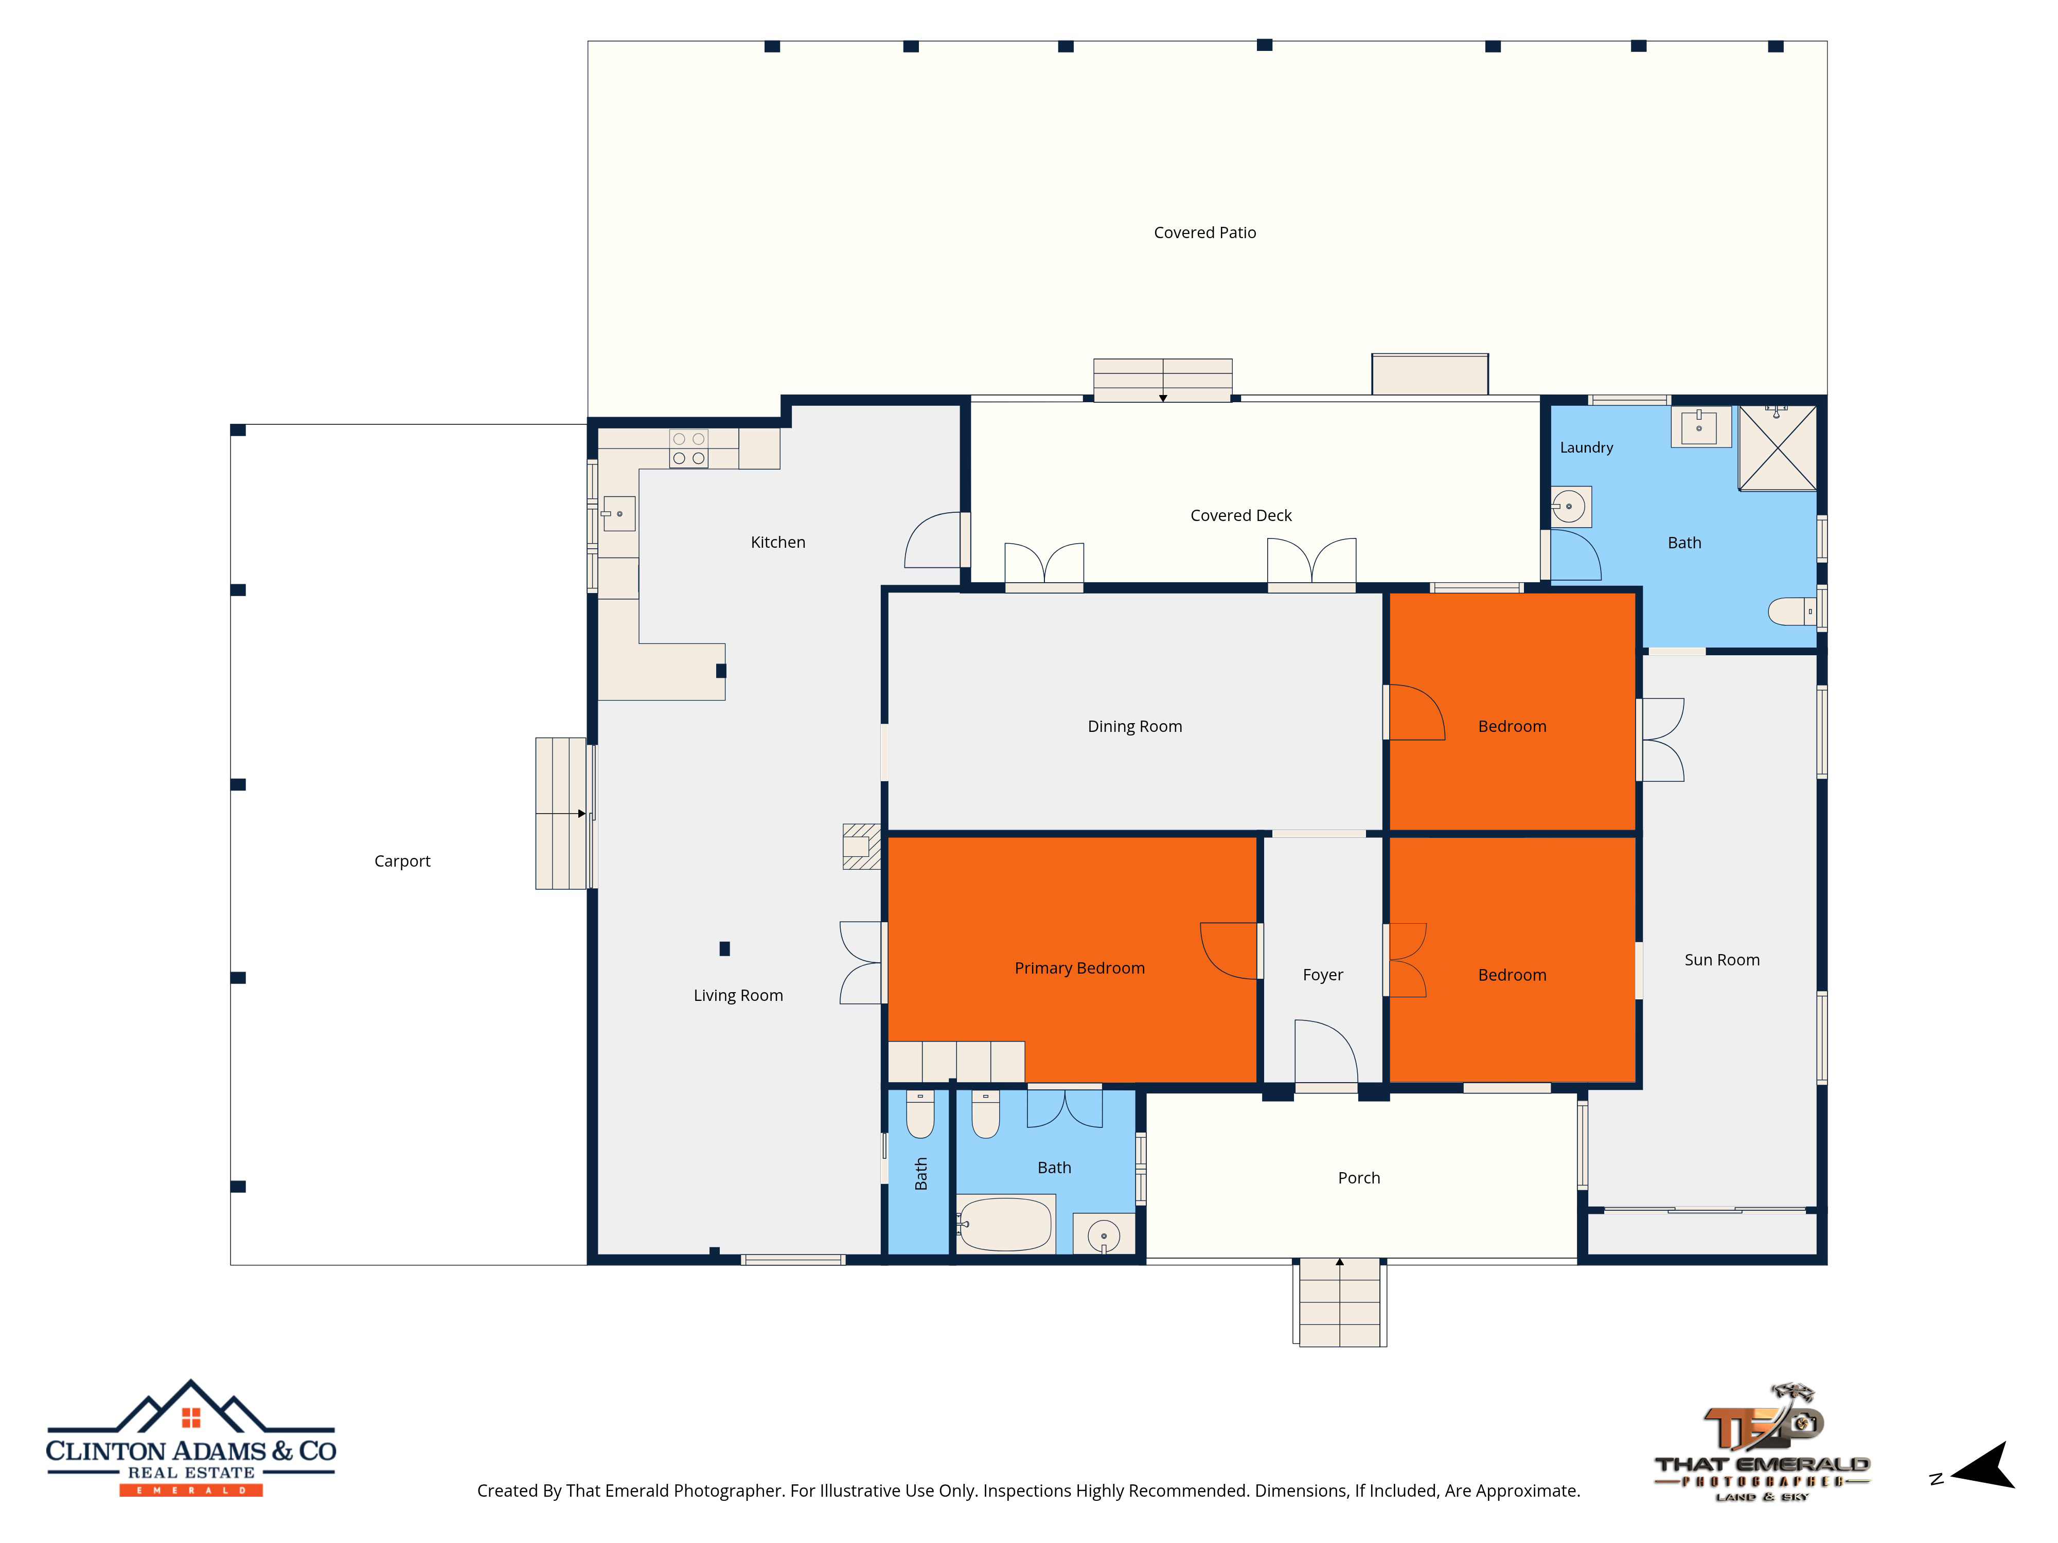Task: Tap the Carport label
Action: click(402, 862)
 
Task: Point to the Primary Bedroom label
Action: click(1079, 968)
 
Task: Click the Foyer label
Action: click(1322, 975)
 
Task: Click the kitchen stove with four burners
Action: click(688, 449)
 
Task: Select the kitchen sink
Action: click(619, 513)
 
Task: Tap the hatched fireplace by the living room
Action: click(862, 847)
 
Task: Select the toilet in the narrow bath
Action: click(919, 1114)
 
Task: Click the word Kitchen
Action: click(778, 542)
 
